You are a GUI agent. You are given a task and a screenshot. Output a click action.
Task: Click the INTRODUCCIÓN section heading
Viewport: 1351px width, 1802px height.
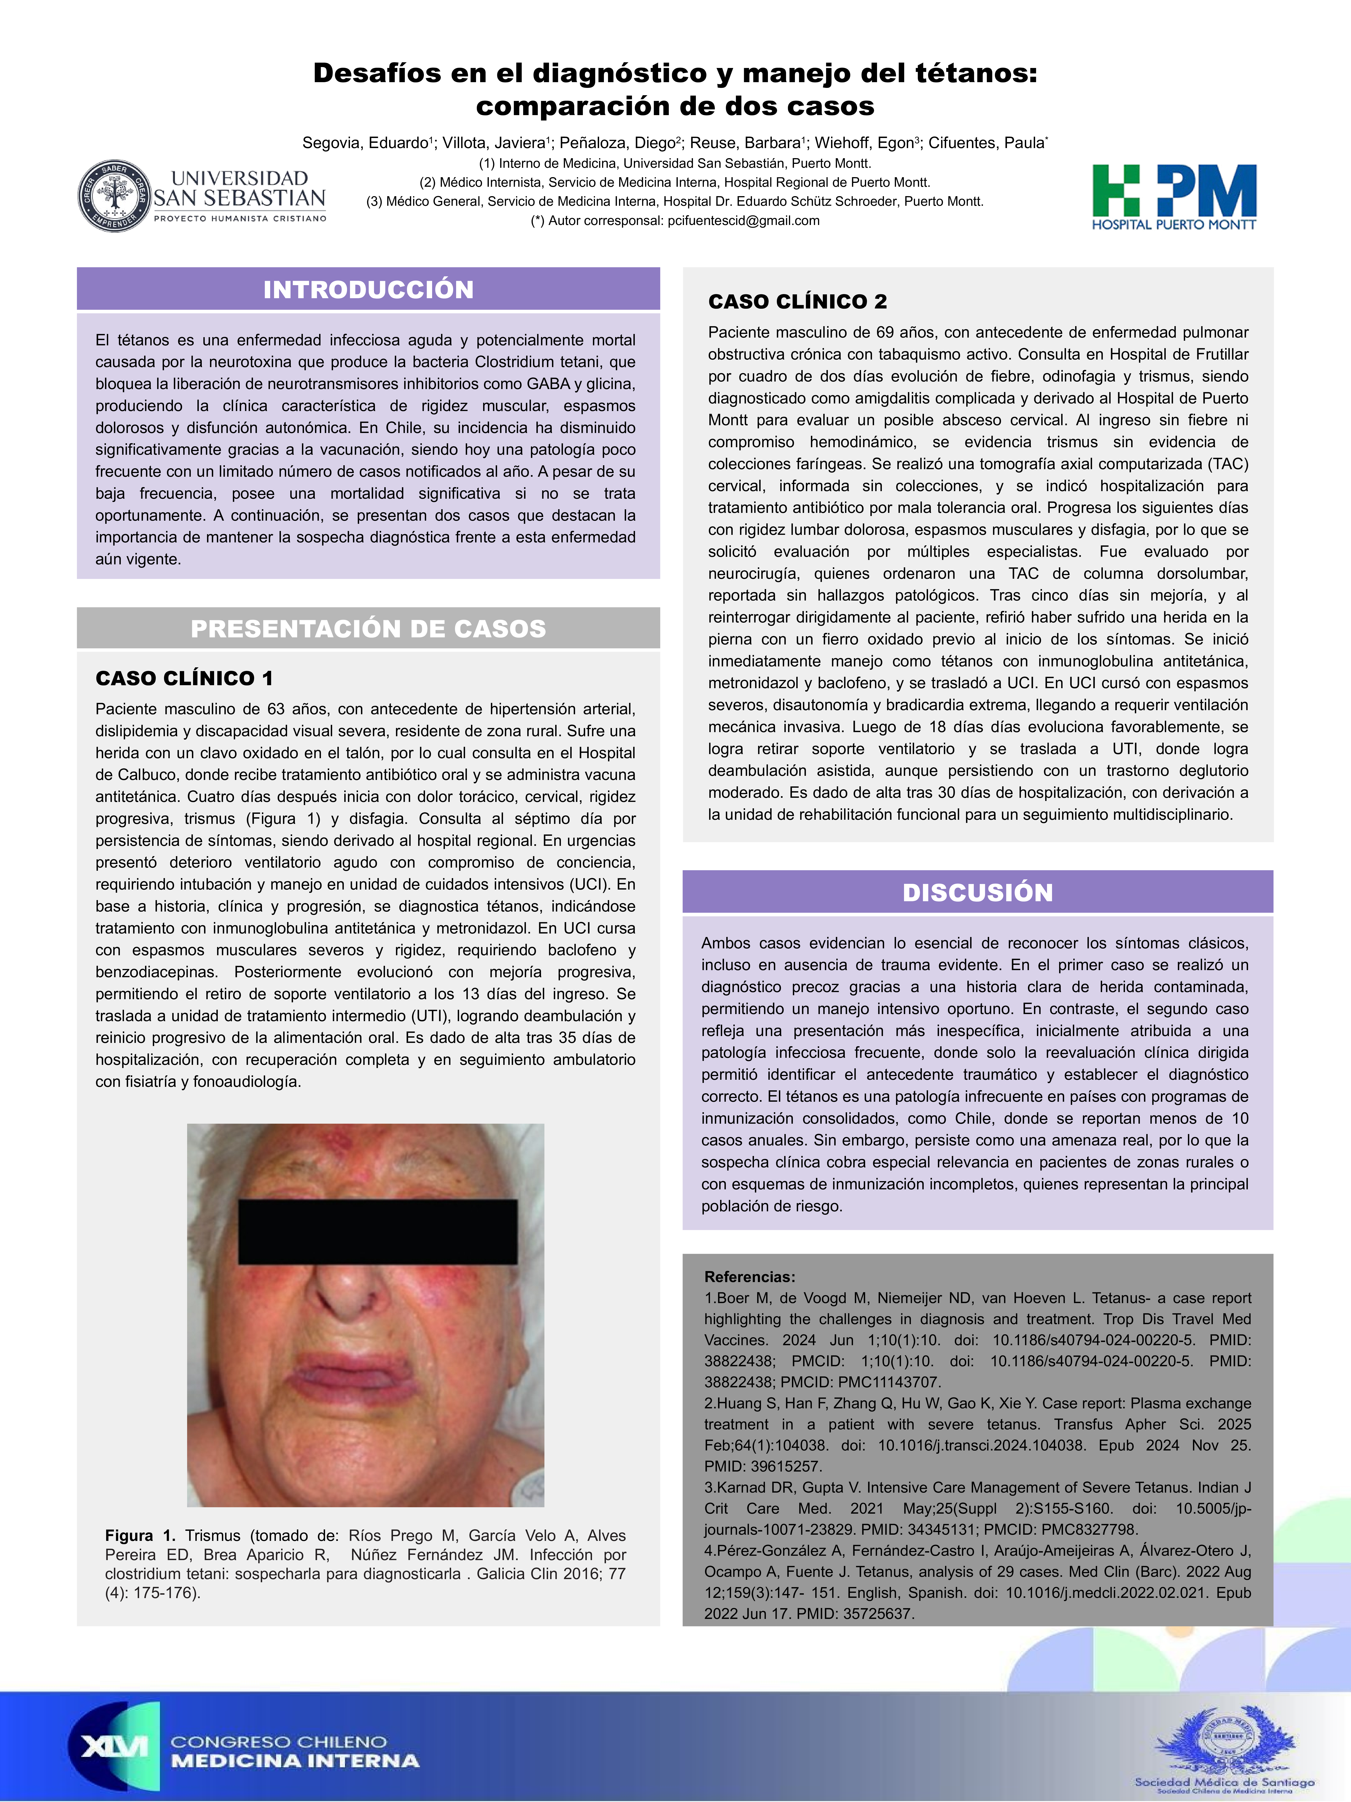point(368,289)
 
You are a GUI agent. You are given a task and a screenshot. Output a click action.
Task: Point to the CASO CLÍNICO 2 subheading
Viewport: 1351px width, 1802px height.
point(797,301)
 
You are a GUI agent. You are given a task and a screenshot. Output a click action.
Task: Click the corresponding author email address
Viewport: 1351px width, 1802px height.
point(743,221)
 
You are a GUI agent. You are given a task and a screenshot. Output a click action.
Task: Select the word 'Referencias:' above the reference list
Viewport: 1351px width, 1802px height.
point(749,1277)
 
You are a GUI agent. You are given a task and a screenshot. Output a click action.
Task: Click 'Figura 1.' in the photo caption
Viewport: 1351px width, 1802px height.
point(140,1536)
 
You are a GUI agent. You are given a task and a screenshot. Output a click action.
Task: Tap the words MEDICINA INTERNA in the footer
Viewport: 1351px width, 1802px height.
point(295,1761)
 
